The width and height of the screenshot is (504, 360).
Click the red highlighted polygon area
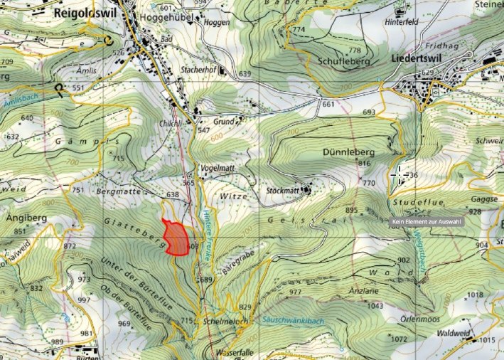pyautogui.click(x=175, y=238)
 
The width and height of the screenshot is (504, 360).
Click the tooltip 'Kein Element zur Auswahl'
pyautogui.click(x=427, y=222)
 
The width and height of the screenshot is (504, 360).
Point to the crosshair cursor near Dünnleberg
pyautogui.click(x=399, y=174)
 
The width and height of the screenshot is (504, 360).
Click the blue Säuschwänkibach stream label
pyautogui.click(x=291, y=321)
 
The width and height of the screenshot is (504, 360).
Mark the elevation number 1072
pyautogui.click(x=399, y=339)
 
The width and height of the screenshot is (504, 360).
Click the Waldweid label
pyautogui.click(x=449, y=332)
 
